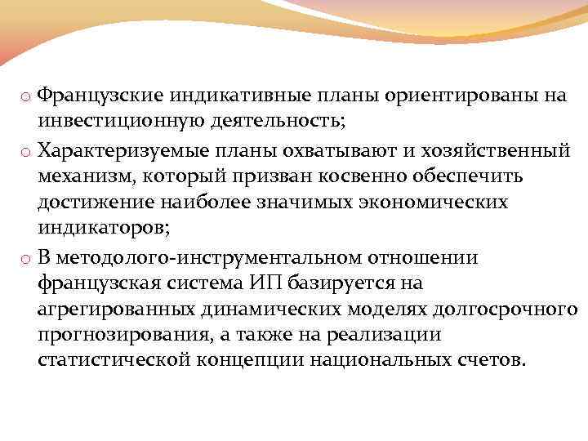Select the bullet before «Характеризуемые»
pos(27,153)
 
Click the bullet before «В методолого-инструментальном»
pos(27,259)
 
